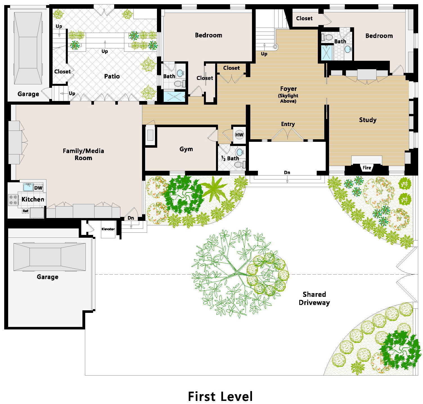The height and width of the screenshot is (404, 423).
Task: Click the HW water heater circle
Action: pos(239,135)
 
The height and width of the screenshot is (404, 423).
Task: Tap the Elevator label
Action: pos(108,229)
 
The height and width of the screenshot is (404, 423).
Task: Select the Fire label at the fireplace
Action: pos(367,168)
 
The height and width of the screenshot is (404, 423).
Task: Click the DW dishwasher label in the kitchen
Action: pos(38,188)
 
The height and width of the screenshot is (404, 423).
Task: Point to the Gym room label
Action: pos(186,149)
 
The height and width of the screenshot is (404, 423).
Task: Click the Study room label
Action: pos(368,120)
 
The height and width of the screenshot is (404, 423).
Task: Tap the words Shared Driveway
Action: pos(314,298)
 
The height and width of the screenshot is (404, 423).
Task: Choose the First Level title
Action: pos(220,396)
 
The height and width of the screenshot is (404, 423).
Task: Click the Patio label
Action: pos(112,76)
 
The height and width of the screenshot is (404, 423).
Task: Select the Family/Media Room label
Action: pos(83,154)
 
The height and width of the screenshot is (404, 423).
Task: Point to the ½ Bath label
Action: pos(230,158)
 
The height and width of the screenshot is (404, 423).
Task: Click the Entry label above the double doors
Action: pos(288,124)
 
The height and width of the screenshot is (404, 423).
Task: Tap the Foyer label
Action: pos(288,89)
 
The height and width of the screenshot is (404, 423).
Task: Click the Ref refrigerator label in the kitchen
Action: pos(25,211)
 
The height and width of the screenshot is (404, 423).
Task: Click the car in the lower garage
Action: pos(49,257)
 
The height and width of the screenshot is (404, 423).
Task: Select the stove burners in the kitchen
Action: pos(13,200)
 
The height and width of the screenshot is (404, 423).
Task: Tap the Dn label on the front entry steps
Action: pos(287,172)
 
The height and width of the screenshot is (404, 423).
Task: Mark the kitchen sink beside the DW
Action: pos(28,187)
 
